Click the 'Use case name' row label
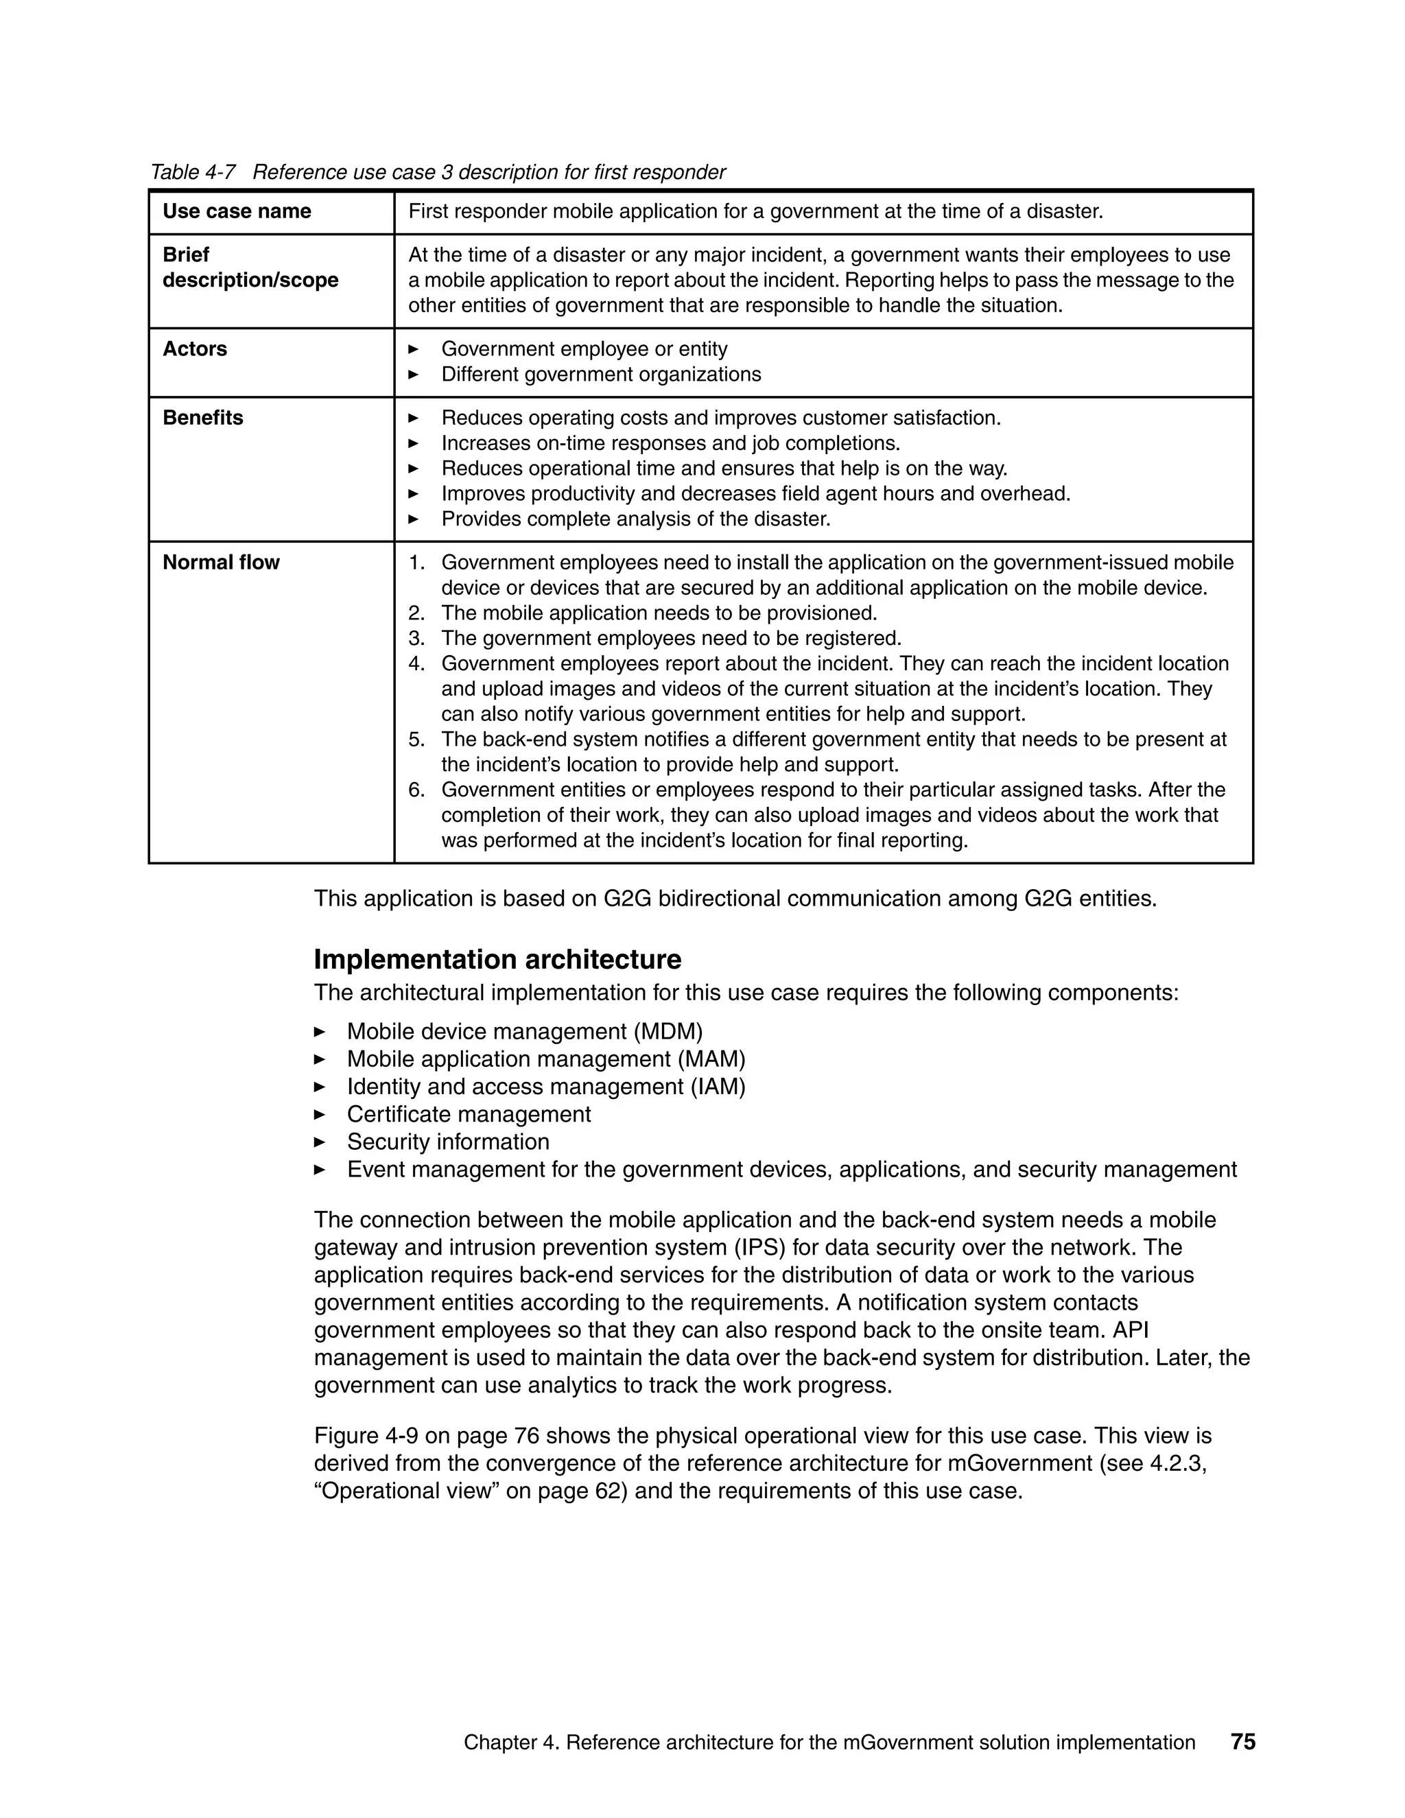[237, 211]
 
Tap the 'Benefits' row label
[203, 418]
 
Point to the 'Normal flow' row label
[221, 563]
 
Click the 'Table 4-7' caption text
[192, 172]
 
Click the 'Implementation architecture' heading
[497, 960]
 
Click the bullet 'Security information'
[448, 1142]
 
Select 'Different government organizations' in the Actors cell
[601, 375]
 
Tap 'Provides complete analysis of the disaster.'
[636, 519]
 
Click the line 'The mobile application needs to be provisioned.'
[659, 613]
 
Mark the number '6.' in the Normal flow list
[416, 790]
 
